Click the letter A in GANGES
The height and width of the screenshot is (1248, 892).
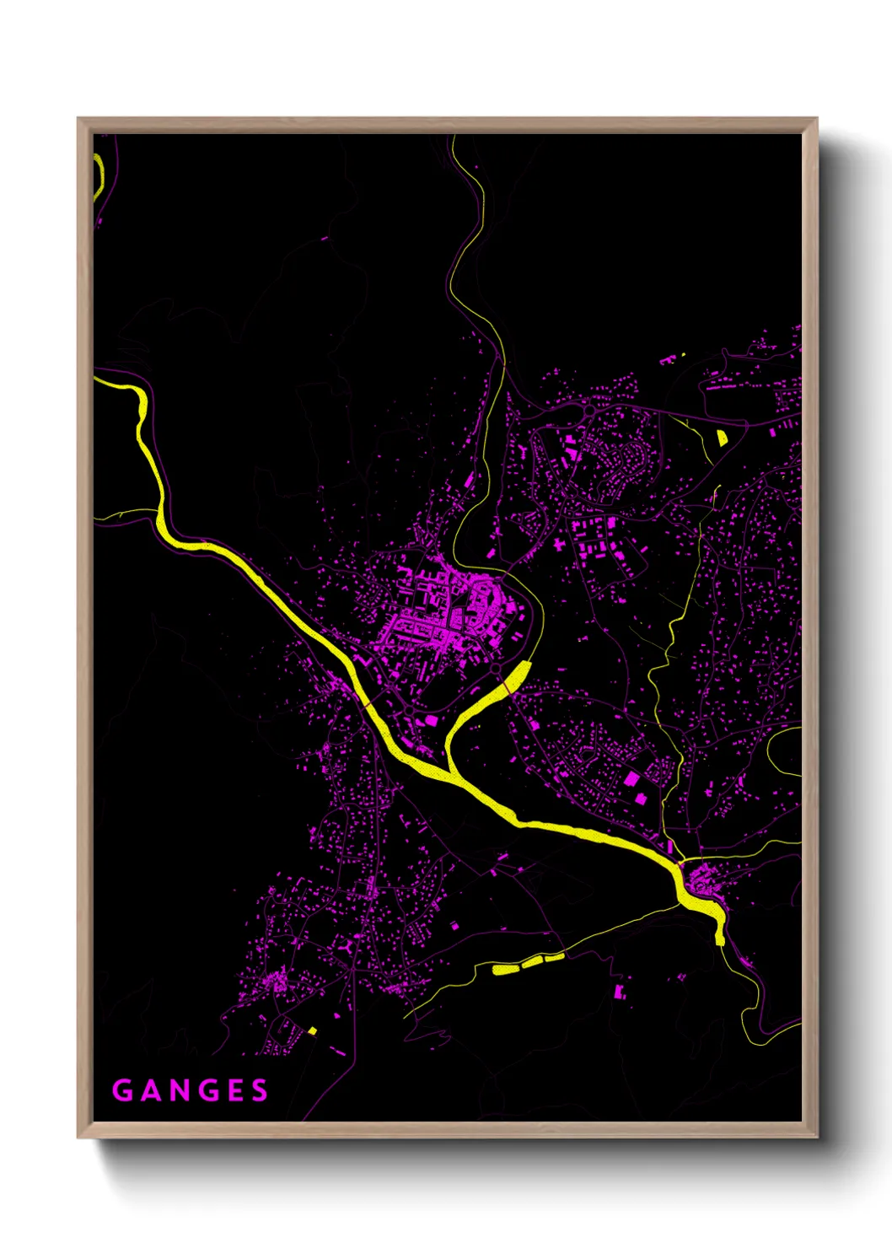coord(147,1091)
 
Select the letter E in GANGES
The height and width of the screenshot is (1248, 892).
coord(234,1091)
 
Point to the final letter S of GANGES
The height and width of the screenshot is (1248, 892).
coord(260,1091)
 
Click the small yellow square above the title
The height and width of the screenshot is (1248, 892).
coord(312,1030)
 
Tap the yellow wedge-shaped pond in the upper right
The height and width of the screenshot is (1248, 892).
coord(722,438)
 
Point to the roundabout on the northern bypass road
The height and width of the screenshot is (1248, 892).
coord(590,410)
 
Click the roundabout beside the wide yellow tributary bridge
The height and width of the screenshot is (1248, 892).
coord(497,670)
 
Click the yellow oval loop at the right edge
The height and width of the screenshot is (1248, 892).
coord(784,750)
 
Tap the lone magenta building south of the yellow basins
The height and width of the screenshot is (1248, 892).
coord(621,992)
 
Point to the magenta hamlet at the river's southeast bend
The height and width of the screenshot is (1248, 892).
coord(701,882)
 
